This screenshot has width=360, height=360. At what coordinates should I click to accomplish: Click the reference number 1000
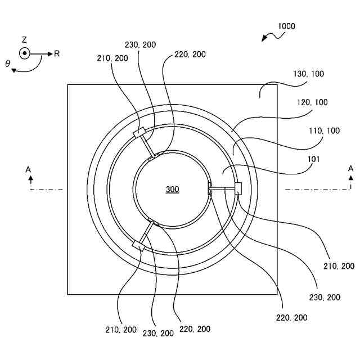tap(286, 26)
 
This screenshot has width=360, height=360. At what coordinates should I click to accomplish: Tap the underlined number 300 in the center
tap(172, 190)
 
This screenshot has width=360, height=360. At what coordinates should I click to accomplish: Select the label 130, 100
tap(309, 74)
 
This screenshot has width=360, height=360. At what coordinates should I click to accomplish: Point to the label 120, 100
tap(312, 102)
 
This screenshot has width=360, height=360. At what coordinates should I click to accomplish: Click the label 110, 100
tap(325, 130)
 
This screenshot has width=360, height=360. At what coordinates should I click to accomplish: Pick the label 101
tap(313, 159)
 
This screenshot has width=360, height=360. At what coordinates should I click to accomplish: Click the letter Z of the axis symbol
tap(24, 40)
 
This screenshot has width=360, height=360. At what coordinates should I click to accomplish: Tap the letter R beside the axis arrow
tap(57, 53)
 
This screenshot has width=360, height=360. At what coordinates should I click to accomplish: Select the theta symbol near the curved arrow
tap(8, 64)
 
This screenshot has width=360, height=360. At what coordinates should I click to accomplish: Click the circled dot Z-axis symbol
tap(24, 53)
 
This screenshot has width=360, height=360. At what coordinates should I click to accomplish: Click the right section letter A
tap(350, 168)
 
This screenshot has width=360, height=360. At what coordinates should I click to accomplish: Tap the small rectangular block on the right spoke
tap(238, 189)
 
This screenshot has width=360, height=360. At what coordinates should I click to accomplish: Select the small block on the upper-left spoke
tap(139, 133)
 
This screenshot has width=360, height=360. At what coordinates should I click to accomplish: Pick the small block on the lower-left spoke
tap(138, 245)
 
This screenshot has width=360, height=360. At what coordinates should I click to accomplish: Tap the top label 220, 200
tap(190, 54)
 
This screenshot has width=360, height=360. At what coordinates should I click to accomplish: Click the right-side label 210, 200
tap(339, 265)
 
